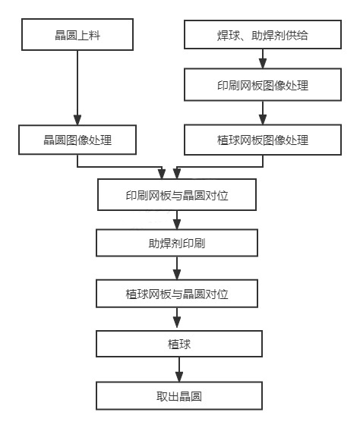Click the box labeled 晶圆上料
[x=78, y=35]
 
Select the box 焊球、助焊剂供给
[x=262, y=35]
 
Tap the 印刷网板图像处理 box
[x=262, y=85]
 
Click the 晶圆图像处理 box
[x=78, y=140]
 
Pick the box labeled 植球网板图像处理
[x=262, y=140]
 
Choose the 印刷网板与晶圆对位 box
[x=177, y=194]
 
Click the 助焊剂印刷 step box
[x=177, y=244]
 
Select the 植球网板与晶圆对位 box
[x=177, y=293]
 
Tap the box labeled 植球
[x=177, y=344]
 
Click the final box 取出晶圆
[x=177, y=395]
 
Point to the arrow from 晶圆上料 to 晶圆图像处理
[x=78, y=87]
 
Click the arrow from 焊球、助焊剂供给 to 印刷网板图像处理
[x=262, y=60]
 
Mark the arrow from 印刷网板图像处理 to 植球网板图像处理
[x=262, y=112]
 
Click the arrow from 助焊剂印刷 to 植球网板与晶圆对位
[x=177, y=268]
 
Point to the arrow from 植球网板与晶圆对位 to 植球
[x=177, y=319]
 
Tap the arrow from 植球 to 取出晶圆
[x=177, y=370]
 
